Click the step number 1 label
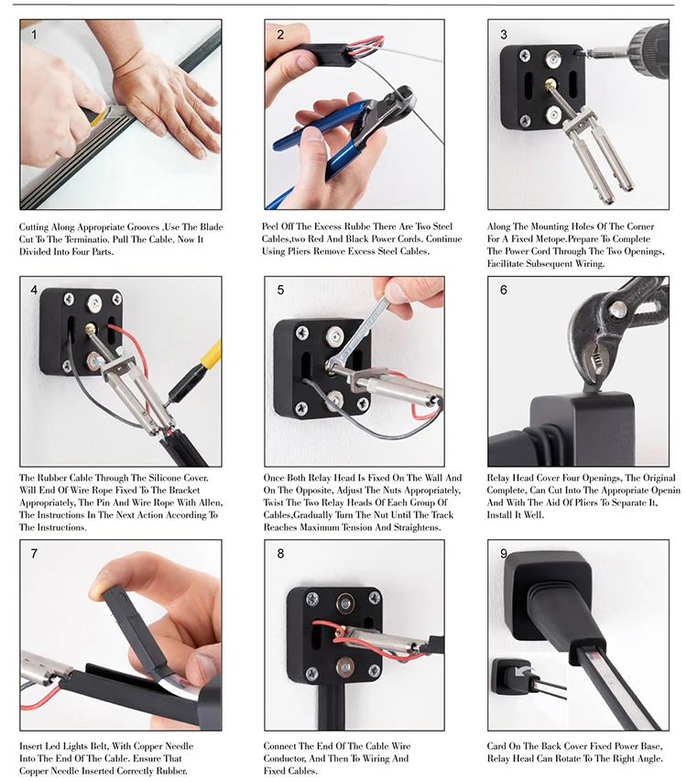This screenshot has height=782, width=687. click(34, 35)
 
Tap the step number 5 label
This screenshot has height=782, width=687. click(280, 290)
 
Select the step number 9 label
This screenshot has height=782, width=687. click(504, 554)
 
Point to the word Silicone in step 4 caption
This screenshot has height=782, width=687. click(163, 478)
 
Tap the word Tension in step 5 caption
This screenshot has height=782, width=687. click(371, 528)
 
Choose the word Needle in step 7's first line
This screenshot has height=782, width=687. click(178, 746)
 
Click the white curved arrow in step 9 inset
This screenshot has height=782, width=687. click(523, 672)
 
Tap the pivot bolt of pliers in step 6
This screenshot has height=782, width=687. click(616, 308)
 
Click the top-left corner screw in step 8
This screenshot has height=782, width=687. click(312, 599)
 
